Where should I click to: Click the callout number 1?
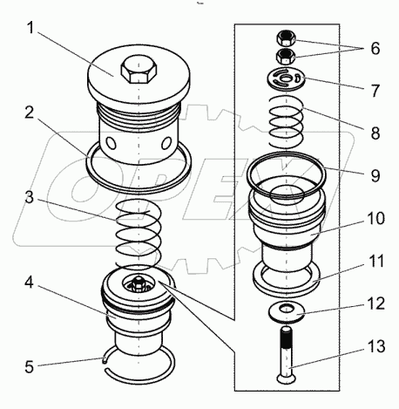[30, 29]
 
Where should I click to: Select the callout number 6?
[375, 48]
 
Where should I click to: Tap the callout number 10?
[375, 218]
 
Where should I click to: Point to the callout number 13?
[376, 346]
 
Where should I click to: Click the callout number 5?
[30, 367]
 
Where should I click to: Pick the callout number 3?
[30, 198]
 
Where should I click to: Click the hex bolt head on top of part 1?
[139, 69]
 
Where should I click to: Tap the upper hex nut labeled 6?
[286, 38]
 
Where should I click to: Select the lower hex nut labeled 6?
[286, 56]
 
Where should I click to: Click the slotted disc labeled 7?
[286, 78]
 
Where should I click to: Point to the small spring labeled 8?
[287, 121]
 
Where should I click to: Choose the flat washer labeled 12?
[286, 311]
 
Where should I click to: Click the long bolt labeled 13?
[287, 355]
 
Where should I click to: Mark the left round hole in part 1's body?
[112, 142]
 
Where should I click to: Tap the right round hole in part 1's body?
[167, 143]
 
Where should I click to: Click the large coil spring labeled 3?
[139, 234]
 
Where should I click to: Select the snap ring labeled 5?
[139, 364]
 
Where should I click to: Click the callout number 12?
[376, 303]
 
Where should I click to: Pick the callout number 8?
[375, 133]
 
